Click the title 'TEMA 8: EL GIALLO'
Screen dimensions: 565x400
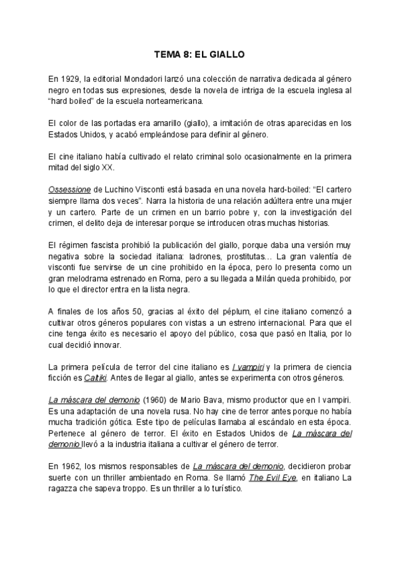click(x=199, y=56)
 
